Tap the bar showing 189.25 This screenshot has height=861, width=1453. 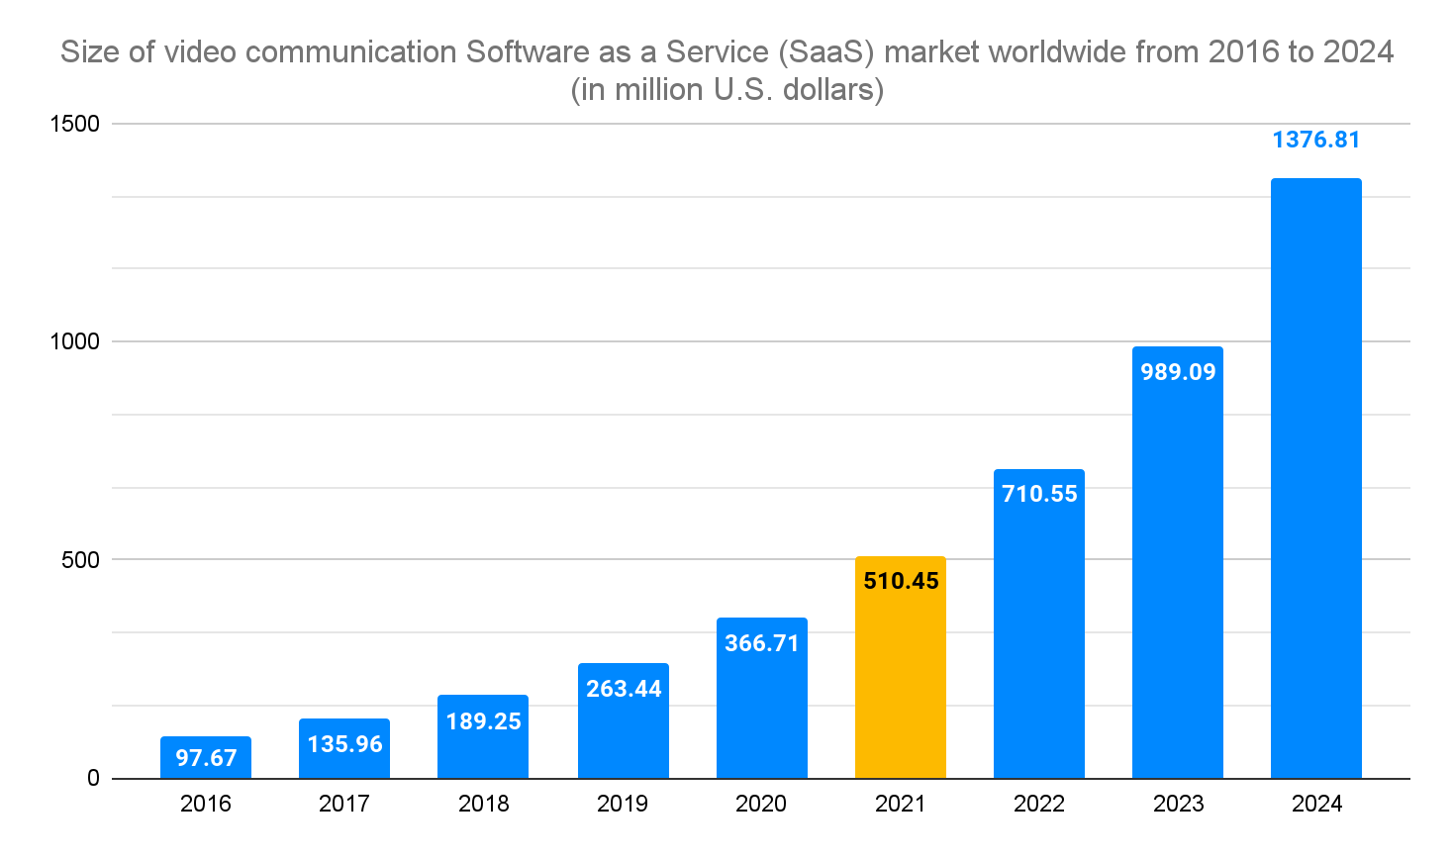[483, 737]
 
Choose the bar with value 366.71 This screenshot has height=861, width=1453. [762, 698]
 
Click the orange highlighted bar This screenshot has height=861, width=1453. [901, 668]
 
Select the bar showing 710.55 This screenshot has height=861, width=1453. [1039, 623]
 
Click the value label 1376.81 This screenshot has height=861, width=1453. [1315, 141]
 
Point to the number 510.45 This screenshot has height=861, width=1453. [901, 581]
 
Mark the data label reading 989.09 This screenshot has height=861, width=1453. [1178, 372]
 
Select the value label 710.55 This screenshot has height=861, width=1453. [1039, 494]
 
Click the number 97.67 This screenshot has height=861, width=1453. [206, 758]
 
